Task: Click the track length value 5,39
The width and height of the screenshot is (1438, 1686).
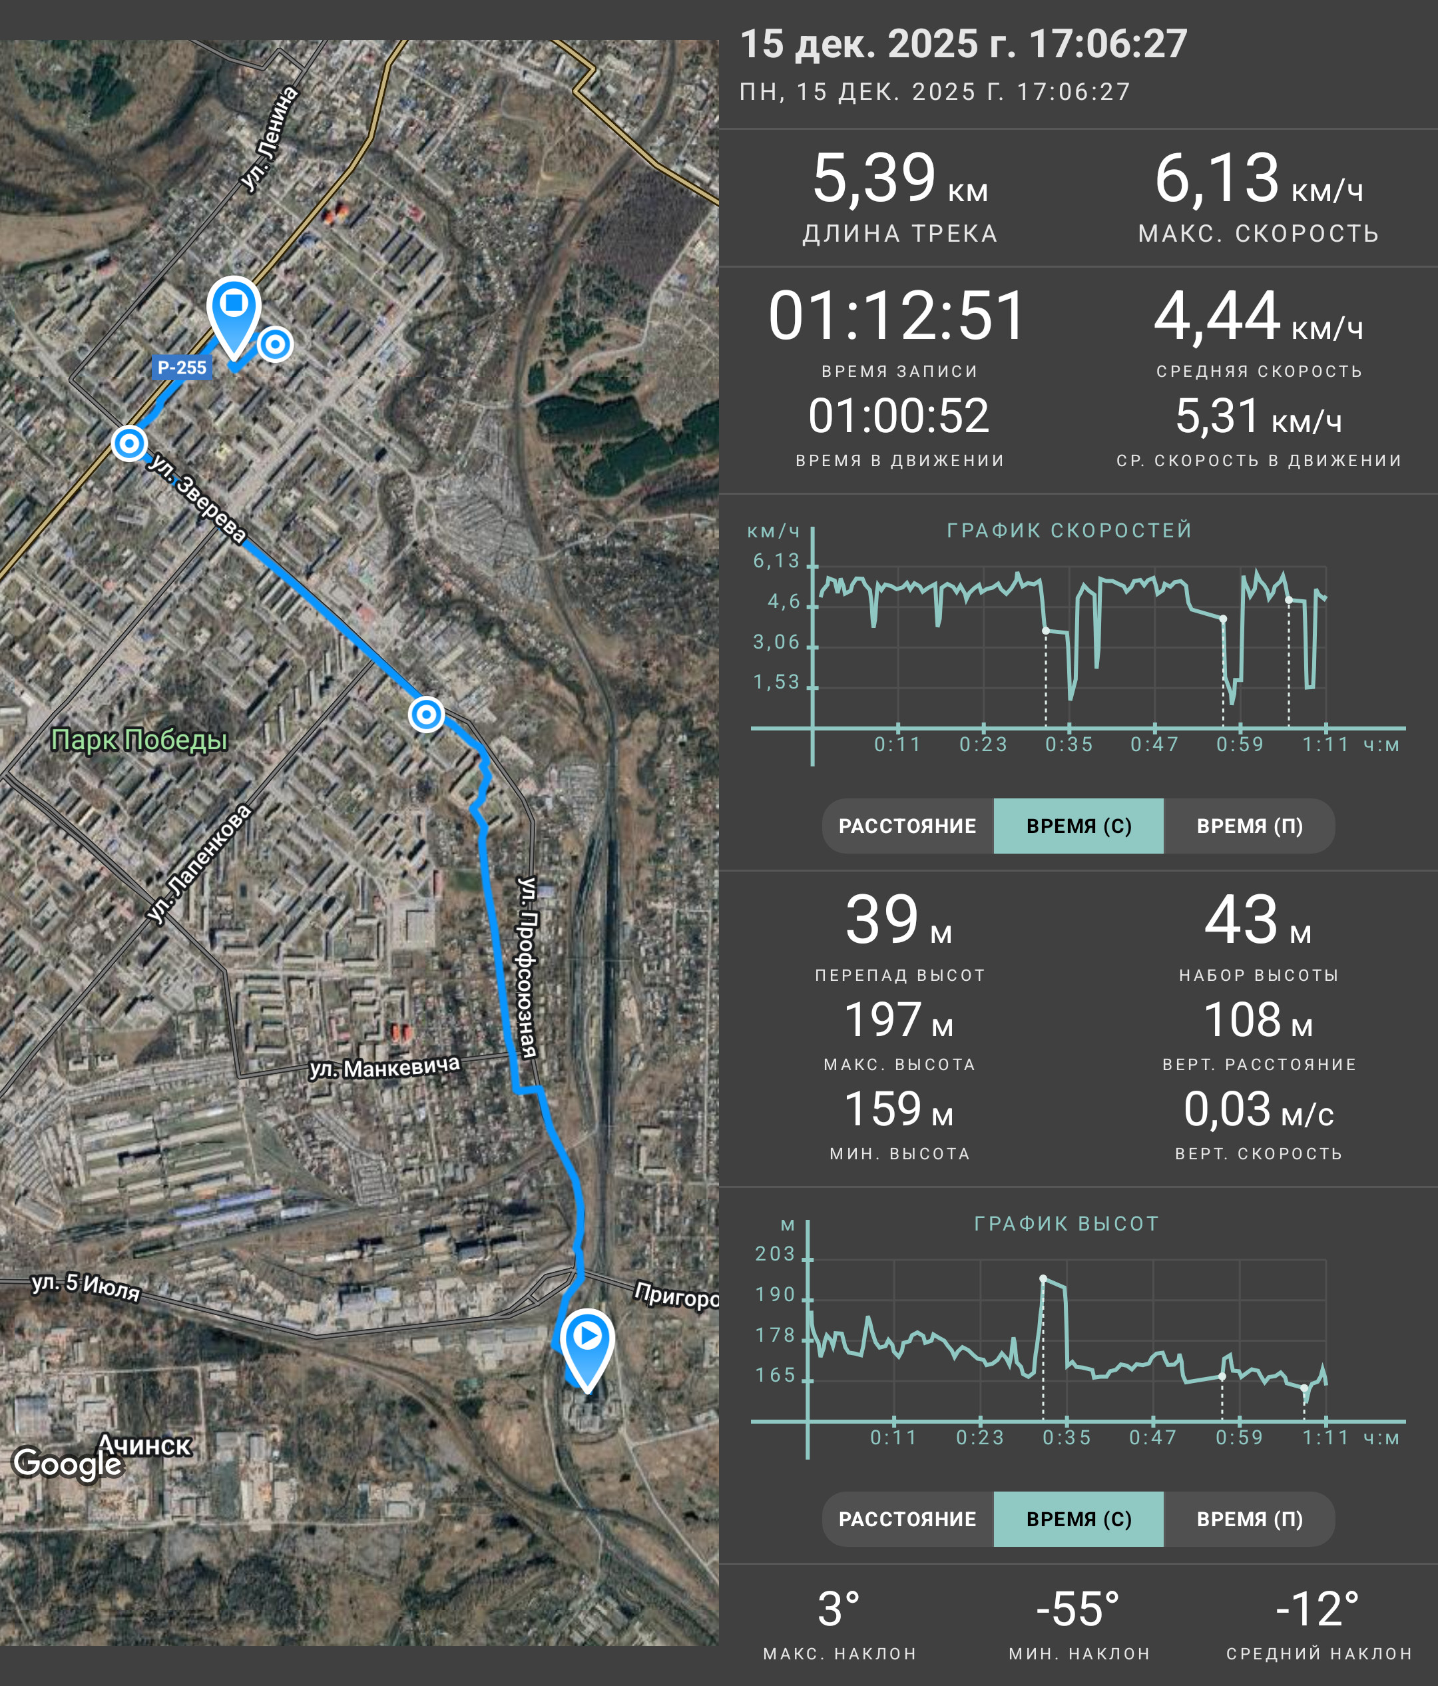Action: point(874,178)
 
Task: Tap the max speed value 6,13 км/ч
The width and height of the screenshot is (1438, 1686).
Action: point(1258,178)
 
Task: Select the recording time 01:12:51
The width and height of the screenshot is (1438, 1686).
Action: point(898,315)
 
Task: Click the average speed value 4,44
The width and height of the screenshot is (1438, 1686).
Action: point(1217,315)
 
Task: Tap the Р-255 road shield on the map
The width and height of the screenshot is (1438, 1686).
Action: point(181,367)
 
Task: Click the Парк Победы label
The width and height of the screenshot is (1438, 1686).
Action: point(139,740)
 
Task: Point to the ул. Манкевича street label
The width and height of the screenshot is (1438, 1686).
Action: point(384,1067)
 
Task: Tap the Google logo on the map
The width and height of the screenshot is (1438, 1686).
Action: point(67,1462)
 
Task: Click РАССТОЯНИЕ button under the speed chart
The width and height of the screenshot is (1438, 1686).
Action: point(907,826)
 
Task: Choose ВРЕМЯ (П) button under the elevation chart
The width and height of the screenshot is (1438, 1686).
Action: point(1250,1519)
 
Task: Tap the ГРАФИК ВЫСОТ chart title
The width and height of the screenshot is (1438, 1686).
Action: point(1067,1224)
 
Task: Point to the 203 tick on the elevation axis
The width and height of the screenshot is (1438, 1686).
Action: point(775,1254)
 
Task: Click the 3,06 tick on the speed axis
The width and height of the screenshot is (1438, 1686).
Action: point(777,642)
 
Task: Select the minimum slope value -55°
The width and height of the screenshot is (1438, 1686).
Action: point(1078,1609)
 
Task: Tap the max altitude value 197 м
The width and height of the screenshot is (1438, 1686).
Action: point(899,1019)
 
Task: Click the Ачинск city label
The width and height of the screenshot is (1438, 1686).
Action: point(144,1445)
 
